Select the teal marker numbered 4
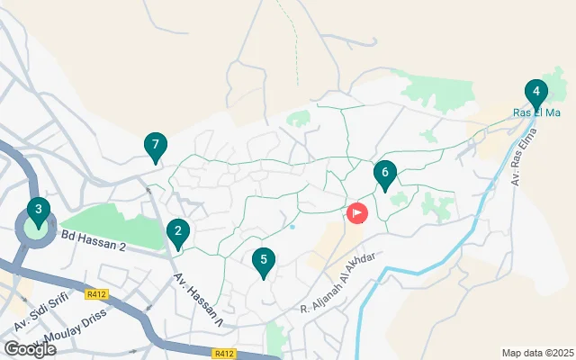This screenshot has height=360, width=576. [535, 93]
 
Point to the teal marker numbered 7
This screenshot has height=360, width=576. [156, 146]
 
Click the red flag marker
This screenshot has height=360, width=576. [357, 213]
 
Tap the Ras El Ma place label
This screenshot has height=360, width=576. [536, 112]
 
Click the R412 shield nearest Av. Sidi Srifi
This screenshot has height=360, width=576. [97, 294]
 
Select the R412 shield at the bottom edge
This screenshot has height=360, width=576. [225, 354]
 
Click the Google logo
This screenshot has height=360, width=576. [31, 349]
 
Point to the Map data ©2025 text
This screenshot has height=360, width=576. [536, 353]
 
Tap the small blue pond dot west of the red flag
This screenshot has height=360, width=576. [293, 227]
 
